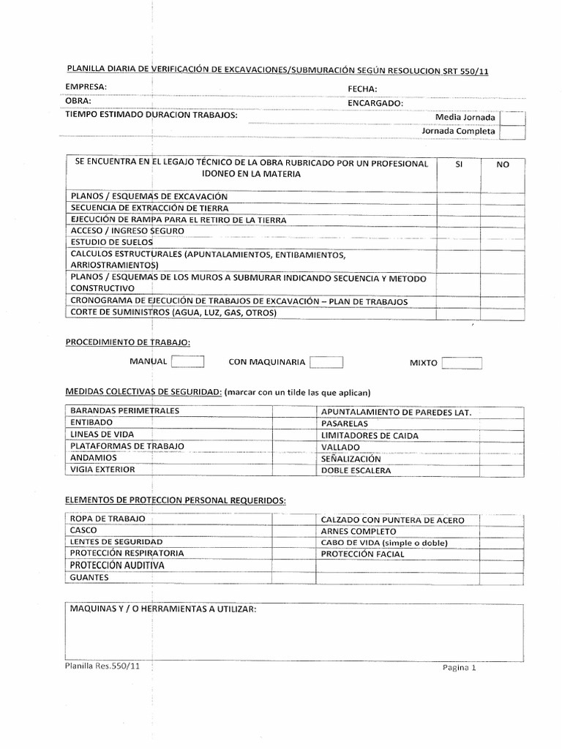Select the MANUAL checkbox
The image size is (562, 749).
tap(188, 361)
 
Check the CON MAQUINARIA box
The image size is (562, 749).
tap(326, 362)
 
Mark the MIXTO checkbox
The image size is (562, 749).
tap(462, 363)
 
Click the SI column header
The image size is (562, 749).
tap(459, 165)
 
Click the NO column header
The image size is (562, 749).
tap(503, 165)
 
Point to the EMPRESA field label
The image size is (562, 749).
tap(86, 87)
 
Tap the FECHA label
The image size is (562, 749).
tap(362, 89)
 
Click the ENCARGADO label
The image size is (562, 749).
tap(375, 103)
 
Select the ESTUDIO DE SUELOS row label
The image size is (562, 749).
tap(111, 242)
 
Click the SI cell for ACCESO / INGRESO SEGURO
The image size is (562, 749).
tap(459, 231)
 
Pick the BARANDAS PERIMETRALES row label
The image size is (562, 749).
tap(124, 411)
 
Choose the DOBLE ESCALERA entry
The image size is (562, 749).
tap(356, 471)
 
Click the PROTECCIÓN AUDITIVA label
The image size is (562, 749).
tap(117, 565)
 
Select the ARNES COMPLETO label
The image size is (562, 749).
tap(359, 531)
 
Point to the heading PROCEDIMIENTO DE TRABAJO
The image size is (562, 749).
tap(128, 342)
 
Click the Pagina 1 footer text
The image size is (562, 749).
tap(459, 668)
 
